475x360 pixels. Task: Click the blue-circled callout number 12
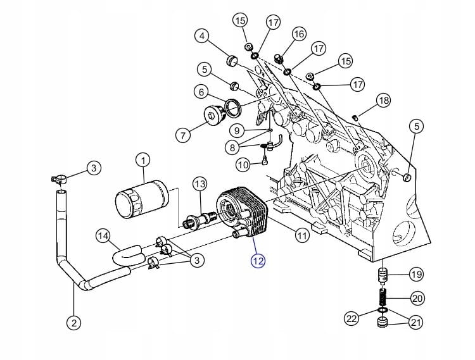(258, 261)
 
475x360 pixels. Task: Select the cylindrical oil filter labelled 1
(142, 199)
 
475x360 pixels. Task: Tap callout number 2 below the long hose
(74, 323)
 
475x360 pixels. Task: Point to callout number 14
(104, 237)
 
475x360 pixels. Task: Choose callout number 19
(417, 275)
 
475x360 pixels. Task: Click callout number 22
(351, 318)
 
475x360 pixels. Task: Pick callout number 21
(416, 323)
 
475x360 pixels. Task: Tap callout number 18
(384, 100)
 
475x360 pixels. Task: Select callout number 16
(299, 34)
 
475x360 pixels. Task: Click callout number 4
(202, 36)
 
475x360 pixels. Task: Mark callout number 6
(201, 92)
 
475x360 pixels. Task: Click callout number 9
(237, 131)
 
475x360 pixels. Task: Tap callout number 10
(243, 165)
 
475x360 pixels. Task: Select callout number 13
(200, 184)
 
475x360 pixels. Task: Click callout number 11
(301, 235)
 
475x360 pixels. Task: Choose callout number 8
(232, 147)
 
